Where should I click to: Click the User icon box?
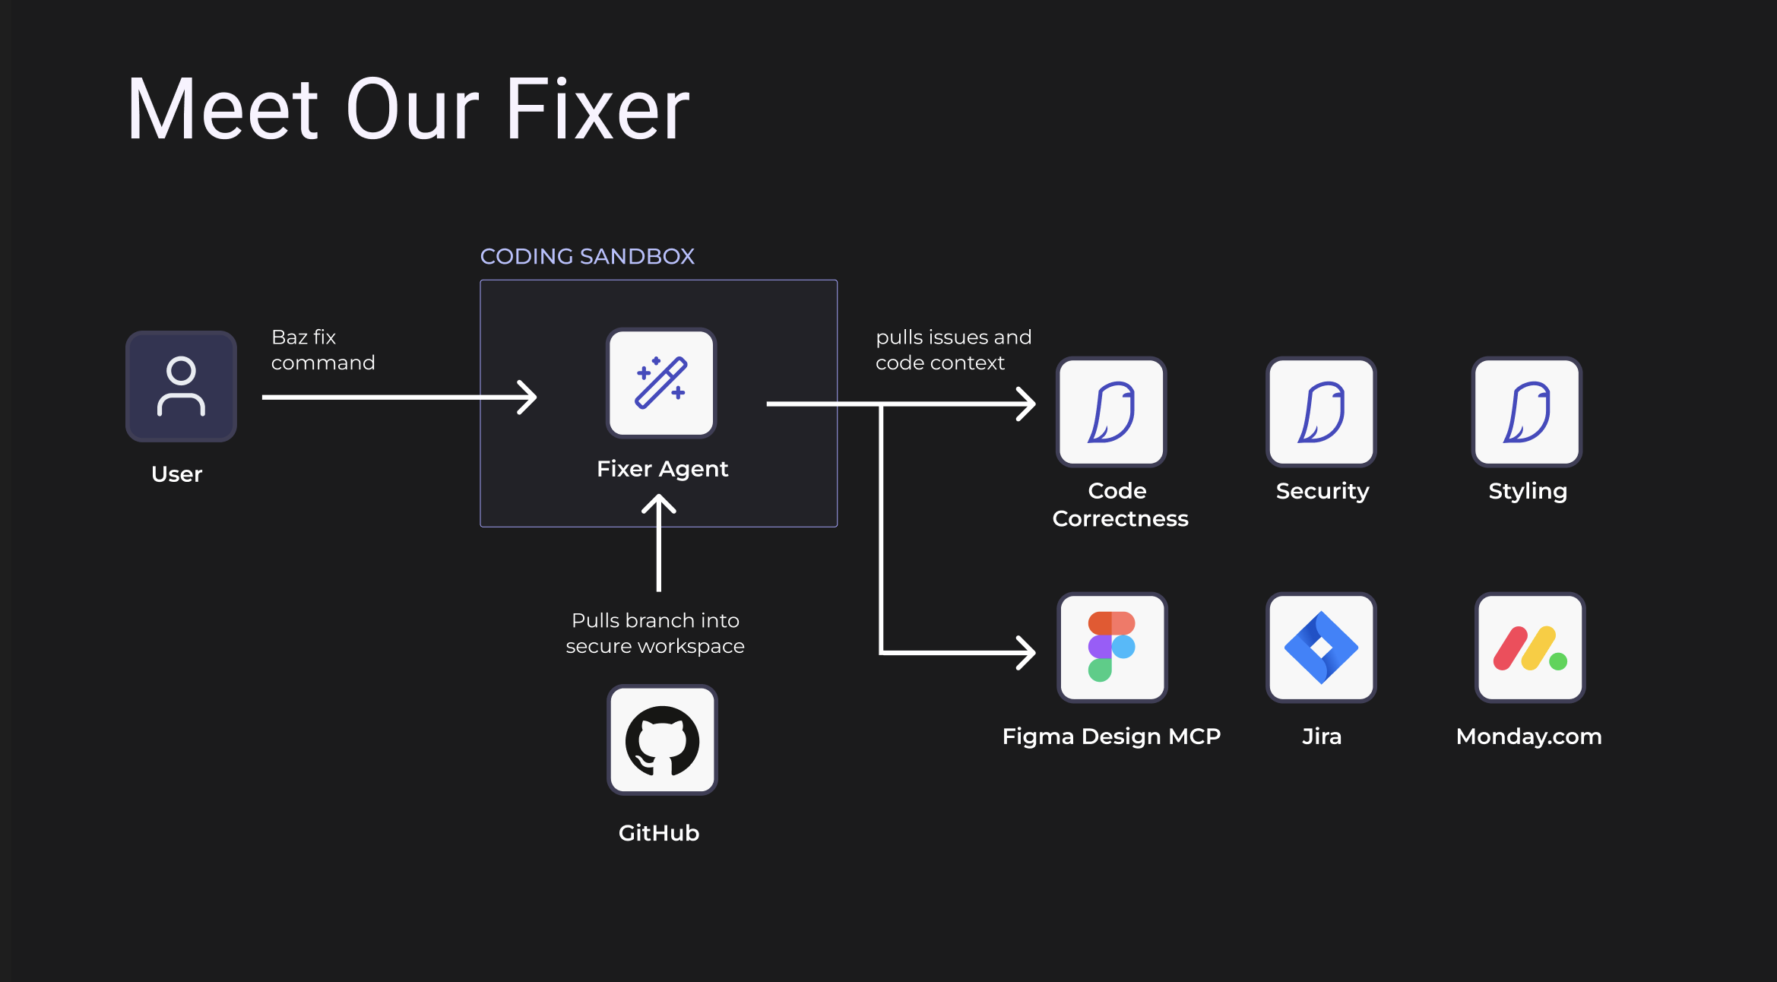pos(181,386)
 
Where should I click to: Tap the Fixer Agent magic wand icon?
pos(661,383)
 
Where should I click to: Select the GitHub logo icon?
pos(662,740)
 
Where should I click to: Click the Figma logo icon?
pos(1112,647)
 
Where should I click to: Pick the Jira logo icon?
pos(1321,647)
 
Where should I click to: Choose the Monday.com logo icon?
pos(1529,647)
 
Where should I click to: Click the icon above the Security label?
pos(1321,411)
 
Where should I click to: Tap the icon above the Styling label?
pos(1527,411)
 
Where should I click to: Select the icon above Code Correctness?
pos(1111,411)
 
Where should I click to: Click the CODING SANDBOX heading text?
pos(587,256)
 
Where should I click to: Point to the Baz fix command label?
pos(322,350)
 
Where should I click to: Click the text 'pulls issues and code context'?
pos(953,350)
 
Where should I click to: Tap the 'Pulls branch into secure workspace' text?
pos(655,633)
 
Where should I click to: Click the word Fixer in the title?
pos(597,109)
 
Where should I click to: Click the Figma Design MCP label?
pos(1111,736)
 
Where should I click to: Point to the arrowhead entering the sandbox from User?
pos(529,397)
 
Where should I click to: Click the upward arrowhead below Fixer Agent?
pos(659,503)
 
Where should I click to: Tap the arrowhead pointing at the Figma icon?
pos(1028,652)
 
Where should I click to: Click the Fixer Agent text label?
pos(662,468)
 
